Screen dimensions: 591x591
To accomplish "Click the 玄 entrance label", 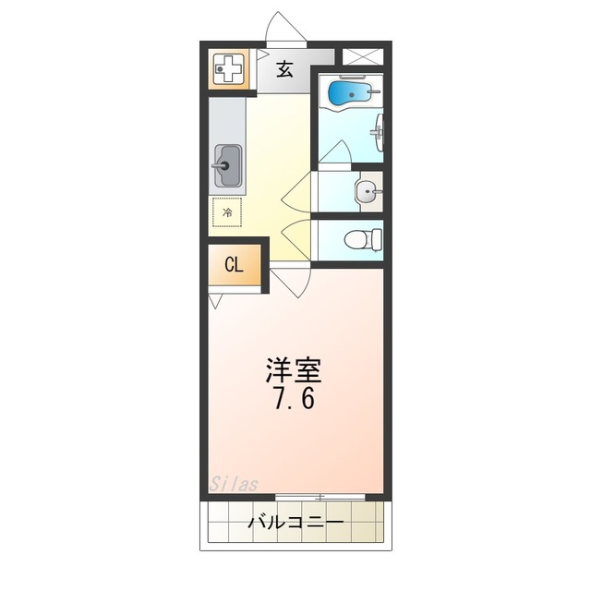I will pos(285,69).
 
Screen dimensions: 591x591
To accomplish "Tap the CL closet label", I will pos(235,265).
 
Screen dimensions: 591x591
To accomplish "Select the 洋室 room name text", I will pos(294,370).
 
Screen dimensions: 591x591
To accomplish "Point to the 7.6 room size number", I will pos(294,402).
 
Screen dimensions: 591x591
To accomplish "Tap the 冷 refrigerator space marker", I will pos(228,213).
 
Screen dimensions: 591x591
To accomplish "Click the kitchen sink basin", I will pos(227,167).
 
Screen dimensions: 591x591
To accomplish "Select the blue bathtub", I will pos(349,93).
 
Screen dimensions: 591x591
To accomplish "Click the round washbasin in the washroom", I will pos(368,192).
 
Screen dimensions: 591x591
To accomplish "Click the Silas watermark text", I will pos(233,484).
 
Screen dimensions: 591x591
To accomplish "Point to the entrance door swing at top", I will pos(284,29).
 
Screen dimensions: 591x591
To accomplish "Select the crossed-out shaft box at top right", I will pos(362,55).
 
